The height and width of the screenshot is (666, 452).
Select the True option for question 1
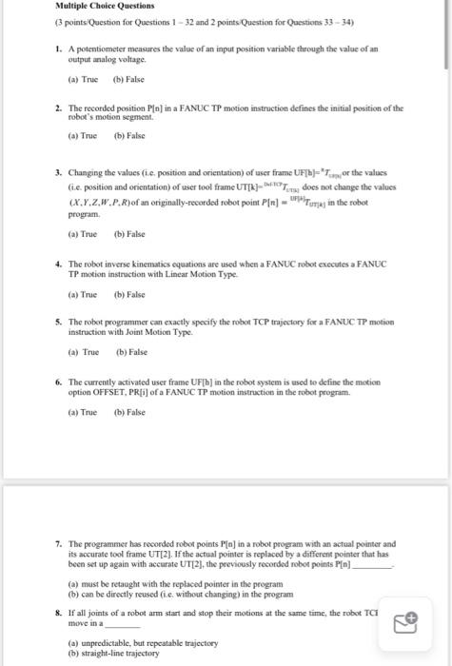tap(83, 80)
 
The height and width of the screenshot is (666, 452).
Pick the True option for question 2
tap(83, 137)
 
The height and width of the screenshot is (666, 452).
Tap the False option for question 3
tap(129, 233)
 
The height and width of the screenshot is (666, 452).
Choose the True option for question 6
tap(83, 412)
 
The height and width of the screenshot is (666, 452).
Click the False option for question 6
tap(129, 412)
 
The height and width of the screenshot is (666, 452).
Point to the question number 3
tap(58, 172)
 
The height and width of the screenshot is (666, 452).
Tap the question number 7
tap(58, 543)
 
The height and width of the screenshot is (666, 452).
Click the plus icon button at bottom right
tap(406, 621)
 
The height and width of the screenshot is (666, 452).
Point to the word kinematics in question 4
tap(154, 263)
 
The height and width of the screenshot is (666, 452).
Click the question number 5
tap(58, 323)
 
